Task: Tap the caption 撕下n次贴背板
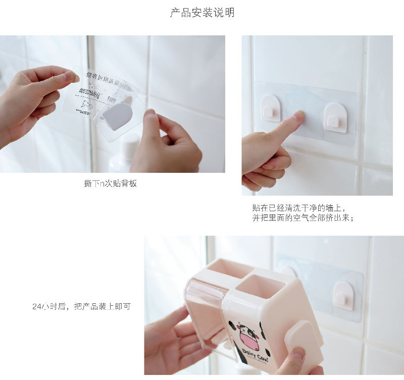pyautogui.click(x=110, y=184)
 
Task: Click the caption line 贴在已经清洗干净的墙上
pyautogui.click(x=298, y=208)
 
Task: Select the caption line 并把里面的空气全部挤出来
pyautogui.click(x=302, y=218)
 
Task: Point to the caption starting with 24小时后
pyautogui.click(x=81, y=306)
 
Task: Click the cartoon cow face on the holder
pyautogui.click(x=248, y=336)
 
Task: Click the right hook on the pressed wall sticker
pyautogui.click(x=335, y=117)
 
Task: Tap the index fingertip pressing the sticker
pyautogui.click(x=297, y=118)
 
